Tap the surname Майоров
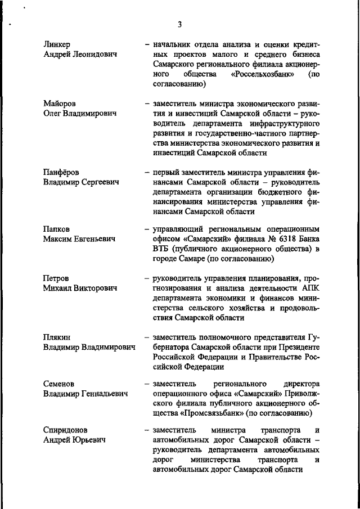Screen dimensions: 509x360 click(x=59, y=104)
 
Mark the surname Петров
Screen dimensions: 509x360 click(x=57, y=278)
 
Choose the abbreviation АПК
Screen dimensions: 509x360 click(x=310, y=289)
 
